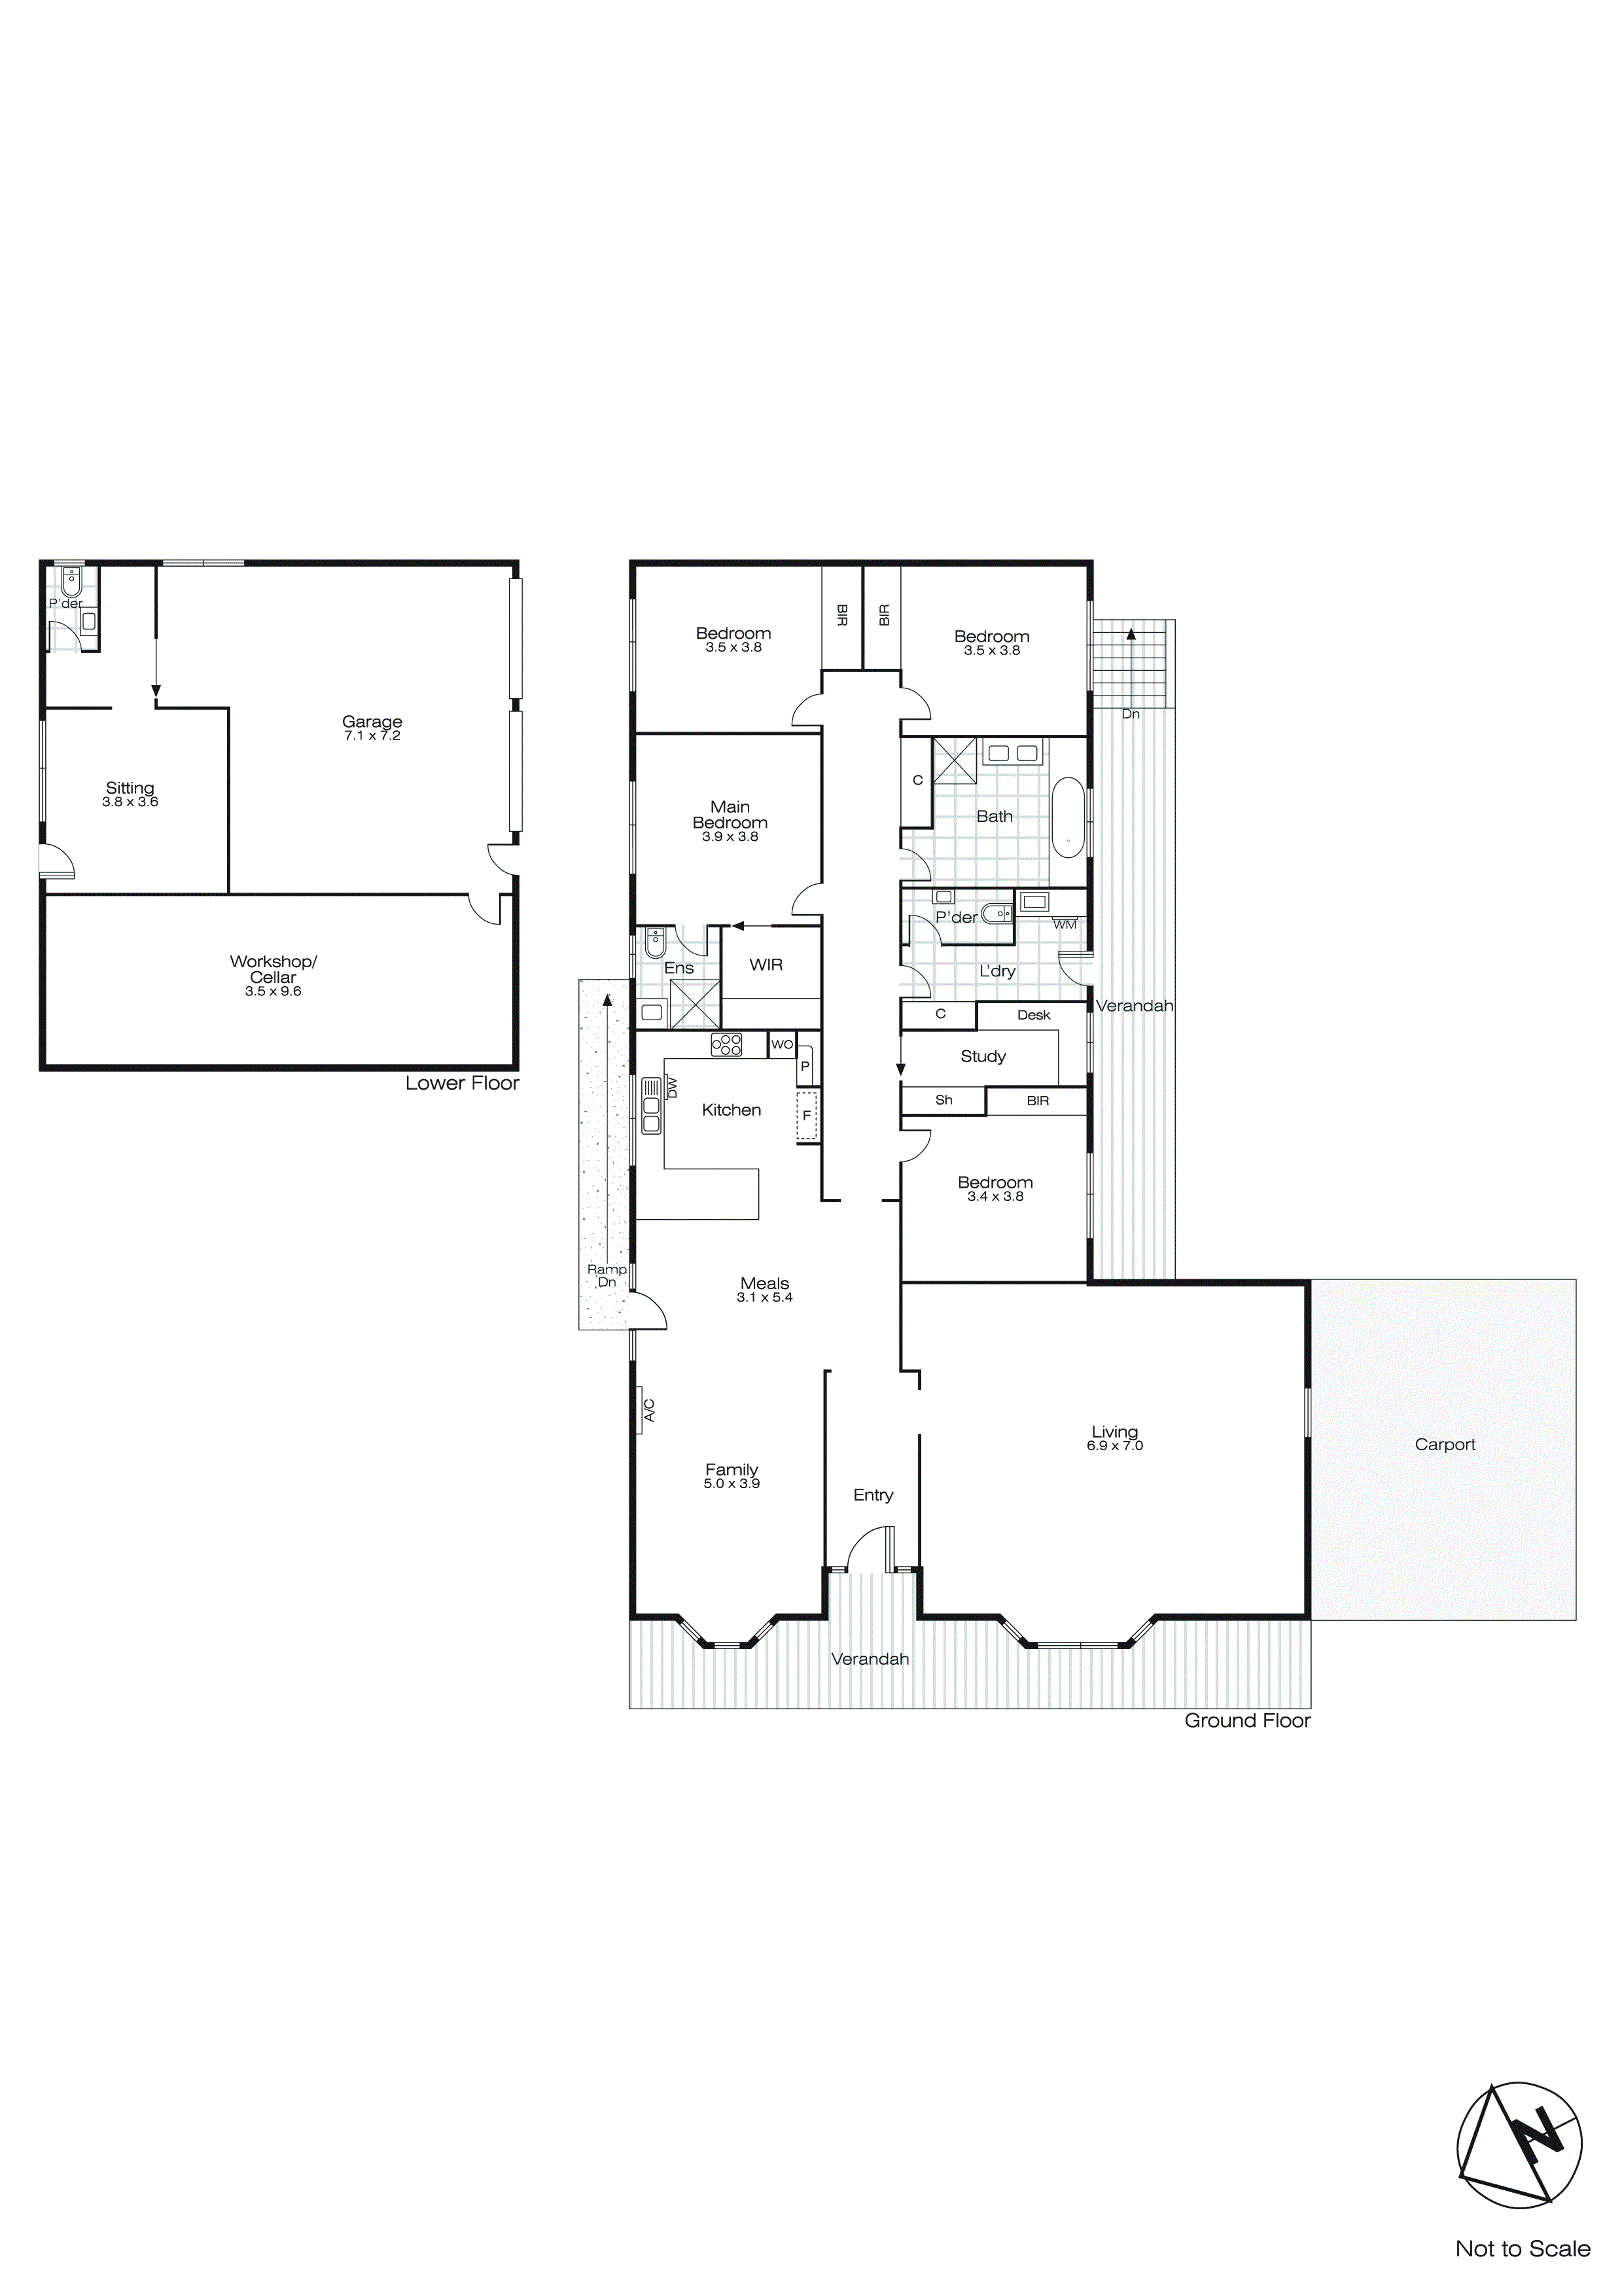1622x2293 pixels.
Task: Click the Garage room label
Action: (x=372, y=722)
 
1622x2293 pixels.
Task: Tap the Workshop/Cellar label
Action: (x=273, y=969)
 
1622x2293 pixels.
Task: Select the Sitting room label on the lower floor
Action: (x=130, y=788)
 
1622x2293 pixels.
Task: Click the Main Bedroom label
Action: (x=730, y=814)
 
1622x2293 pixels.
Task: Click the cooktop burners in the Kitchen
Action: (x=726, y=1044)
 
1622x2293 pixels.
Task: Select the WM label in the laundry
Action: (x=1065, y=925)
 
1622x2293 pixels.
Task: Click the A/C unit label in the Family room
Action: (x=648, y=1410)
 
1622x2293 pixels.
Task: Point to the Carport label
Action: (x=1444, y=1444)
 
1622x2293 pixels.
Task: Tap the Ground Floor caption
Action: (x=1246, y=1720)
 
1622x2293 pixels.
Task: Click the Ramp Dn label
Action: (x=607, y=1275)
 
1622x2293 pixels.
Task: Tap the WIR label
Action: (x=766, y=965)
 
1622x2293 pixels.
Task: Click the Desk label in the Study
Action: (x=1034, y=1015)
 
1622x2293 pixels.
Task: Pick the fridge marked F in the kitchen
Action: (x=807, y=1116)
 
